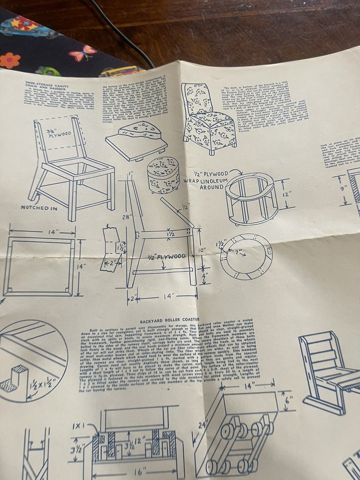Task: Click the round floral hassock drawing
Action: tap(163, 175)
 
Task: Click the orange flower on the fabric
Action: tap(10, 60)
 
